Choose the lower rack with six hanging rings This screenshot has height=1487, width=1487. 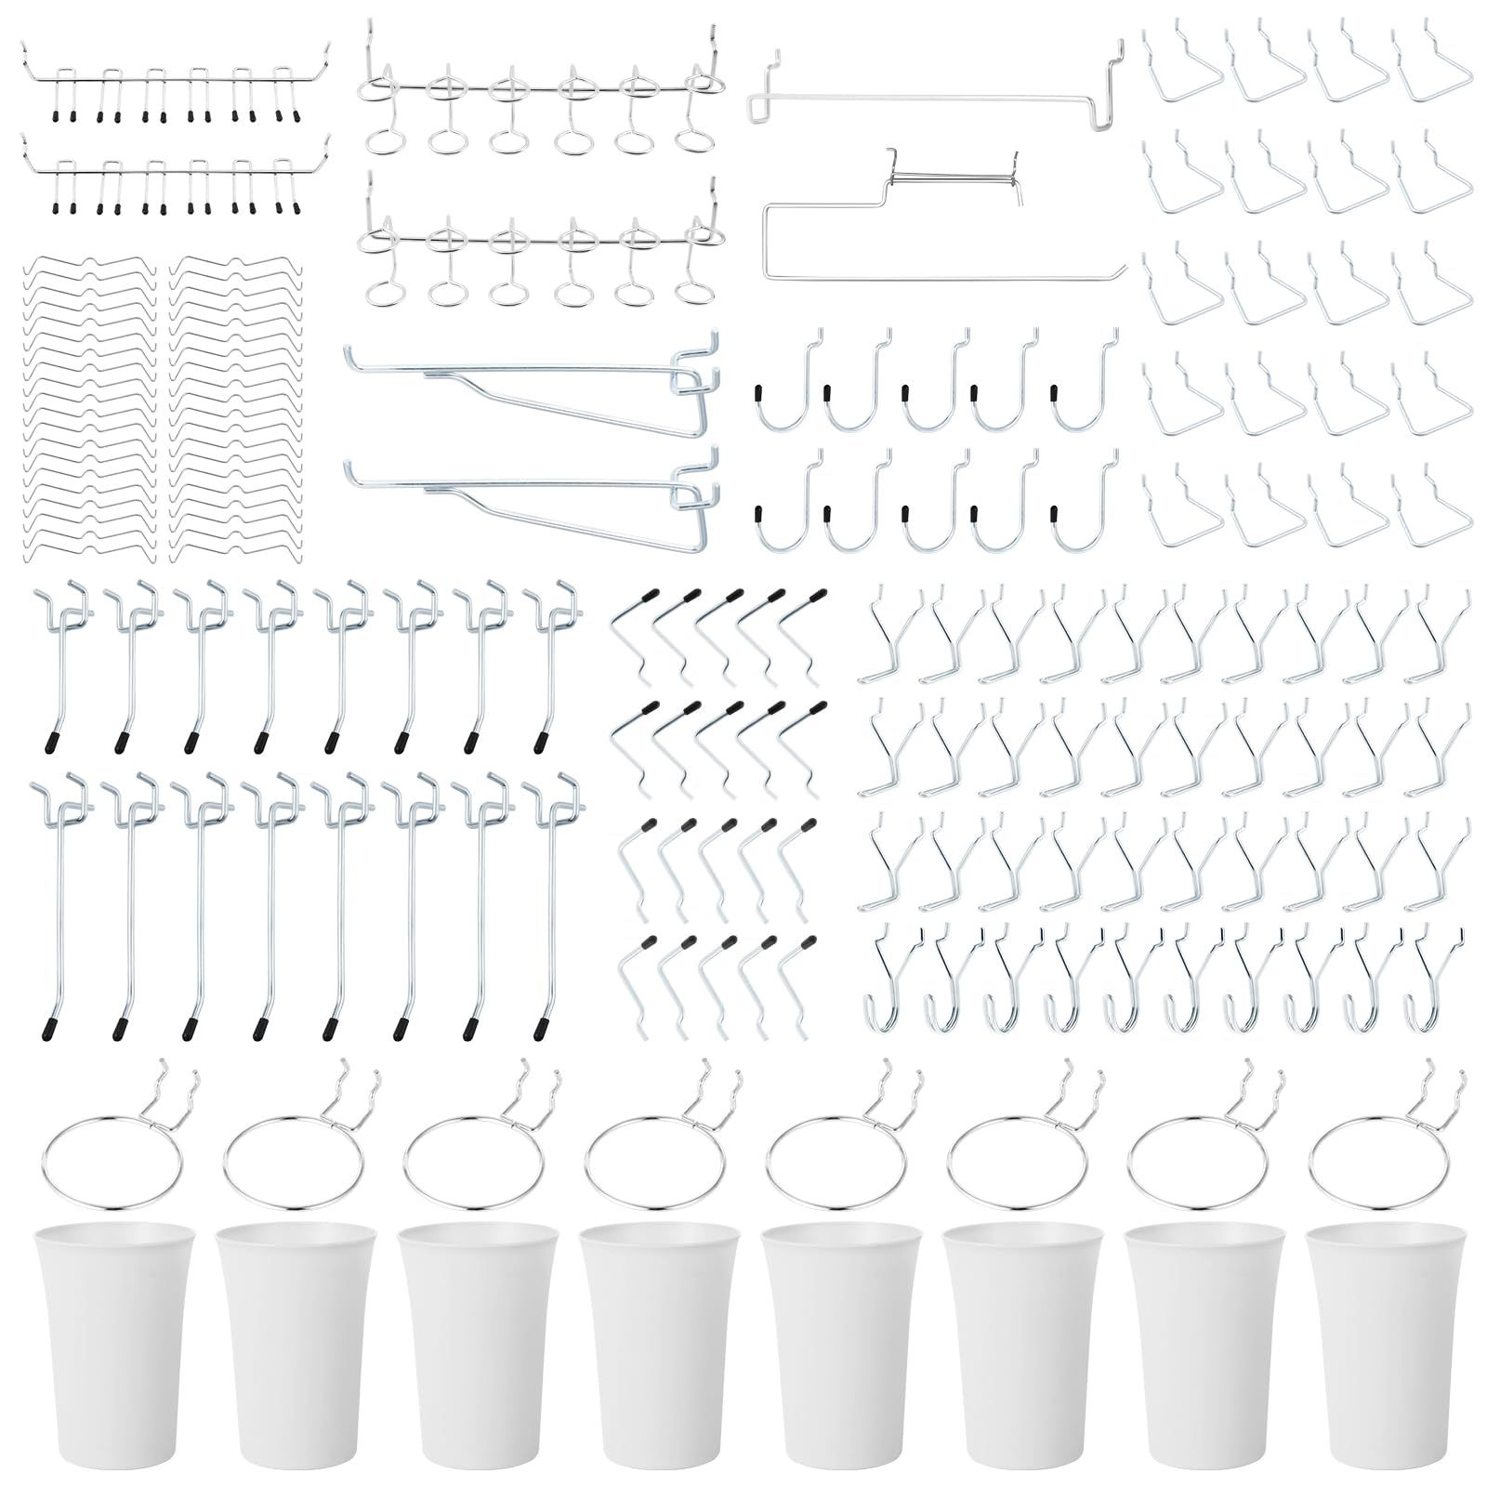coord(539,246)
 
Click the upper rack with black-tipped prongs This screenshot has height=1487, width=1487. coord(177,84)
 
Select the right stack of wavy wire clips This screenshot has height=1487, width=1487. coord(237,409)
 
